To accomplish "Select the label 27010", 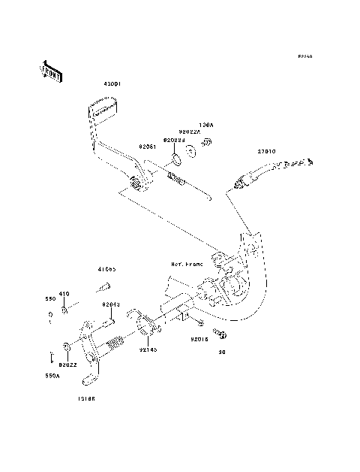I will pyautogui.click(x=268, y=151).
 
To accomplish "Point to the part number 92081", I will pyautogui.click(x=148, y=148).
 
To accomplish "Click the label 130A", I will pyautogui.click(x=205, y=126).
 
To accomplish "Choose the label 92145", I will pyautogui.click(x=148, y=349).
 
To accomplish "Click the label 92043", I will pyautogui.click(x=111, y=305).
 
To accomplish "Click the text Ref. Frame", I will pyautogui.click(x=186, y=265).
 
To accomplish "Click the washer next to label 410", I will pyautogui.click(x=66, y=309).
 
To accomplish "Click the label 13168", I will pyautogui.click(x=85, y=399).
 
